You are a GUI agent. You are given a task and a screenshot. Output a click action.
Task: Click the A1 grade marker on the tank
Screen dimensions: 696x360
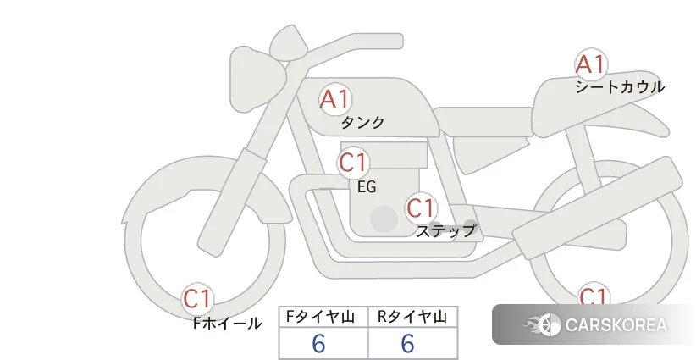point(335,99)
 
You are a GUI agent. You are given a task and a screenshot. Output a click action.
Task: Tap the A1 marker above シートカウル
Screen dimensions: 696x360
point(591,64)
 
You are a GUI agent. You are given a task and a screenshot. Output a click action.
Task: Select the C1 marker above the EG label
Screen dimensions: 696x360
point(353,163)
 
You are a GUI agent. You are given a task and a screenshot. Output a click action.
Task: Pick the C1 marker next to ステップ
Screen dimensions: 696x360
point(421,208)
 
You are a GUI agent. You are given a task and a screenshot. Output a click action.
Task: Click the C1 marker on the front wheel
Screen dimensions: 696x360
point(197,299)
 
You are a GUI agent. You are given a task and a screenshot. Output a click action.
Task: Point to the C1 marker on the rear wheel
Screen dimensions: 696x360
point(593,294)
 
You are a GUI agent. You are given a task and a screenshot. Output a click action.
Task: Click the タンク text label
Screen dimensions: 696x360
point(362,123)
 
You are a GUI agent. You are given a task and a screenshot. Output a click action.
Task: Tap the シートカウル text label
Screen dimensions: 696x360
point(620,87)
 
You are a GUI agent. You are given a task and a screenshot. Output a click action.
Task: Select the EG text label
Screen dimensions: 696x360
point(367,187)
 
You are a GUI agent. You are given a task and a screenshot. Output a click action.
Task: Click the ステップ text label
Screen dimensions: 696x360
point(446,231)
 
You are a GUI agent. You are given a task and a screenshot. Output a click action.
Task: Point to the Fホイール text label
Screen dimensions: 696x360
point(227,324)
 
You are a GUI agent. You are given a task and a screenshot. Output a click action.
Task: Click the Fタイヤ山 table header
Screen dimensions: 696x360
point(320,317)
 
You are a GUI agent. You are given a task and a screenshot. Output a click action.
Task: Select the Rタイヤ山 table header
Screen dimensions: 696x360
point(412,317)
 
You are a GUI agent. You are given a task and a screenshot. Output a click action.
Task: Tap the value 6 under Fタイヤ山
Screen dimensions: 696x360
point(318,344)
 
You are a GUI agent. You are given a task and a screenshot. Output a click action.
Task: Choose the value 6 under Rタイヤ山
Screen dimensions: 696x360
point(408,344)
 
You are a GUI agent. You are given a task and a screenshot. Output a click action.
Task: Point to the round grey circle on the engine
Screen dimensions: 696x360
point(384,219)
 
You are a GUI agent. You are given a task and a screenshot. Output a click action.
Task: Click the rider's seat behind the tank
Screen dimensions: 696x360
point(483,121)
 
